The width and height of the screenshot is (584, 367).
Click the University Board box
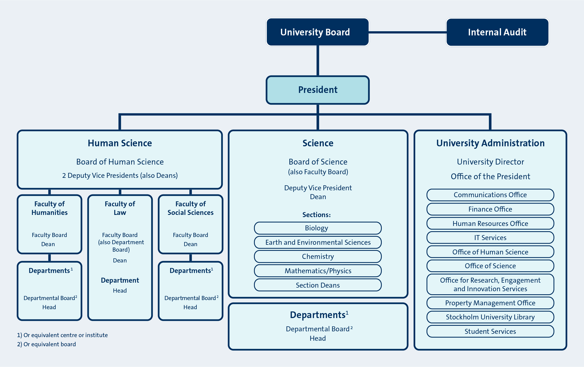(x=318, y=32)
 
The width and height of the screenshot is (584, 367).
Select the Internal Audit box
(x=497, y=32)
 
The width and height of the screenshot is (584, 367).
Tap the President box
(x=318, y=90)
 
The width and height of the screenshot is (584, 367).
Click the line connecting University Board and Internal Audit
(x=407, y=32)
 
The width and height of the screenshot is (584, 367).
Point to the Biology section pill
(x=318, y=228)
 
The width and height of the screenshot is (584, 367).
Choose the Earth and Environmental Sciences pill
(x=318, y=242)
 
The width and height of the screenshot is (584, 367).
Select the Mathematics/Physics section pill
(x=318, y=271)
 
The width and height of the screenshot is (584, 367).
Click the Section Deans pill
(x=318, y=285)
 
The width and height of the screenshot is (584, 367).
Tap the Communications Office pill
(x=490, y=195)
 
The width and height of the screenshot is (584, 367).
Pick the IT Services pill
(x=490, y=238)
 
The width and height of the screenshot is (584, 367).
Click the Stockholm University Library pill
(x=490, y=317)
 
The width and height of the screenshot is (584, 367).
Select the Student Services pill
(x=490, y=331)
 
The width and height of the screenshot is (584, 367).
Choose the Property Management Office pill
(x=490, y=303)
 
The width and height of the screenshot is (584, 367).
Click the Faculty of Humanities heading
(x=50, y=208)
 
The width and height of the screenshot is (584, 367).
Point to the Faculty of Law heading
(x=120, y=208)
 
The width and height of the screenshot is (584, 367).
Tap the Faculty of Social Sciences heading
(x=190, y=208)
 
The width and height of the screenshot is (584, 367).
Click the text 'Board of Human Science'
(x=120, y=162)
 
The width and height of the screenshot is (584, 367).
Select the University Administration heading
(x=490, y=143)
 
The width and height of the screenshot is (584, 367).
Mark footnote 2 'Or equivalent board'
(x=46, y=344)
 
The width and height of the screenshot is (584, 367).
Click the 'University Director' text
(x=490, y=162)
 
